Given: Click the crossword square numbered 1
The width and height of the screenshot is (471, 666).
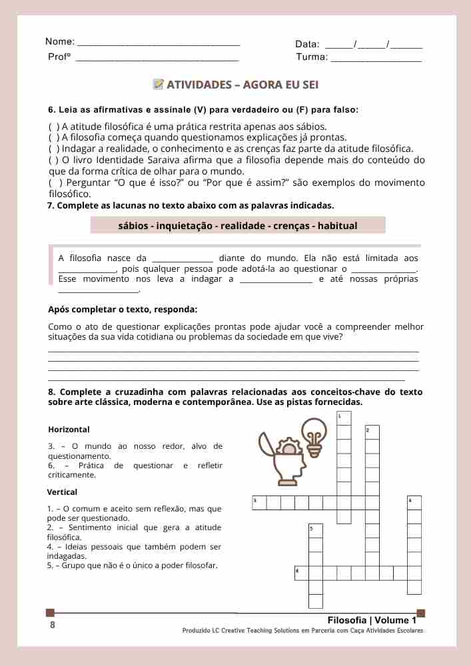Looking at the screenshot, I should click(344, 418).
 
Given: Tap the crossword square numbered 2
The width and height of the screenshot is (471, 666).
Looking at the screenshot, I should click(372, 432).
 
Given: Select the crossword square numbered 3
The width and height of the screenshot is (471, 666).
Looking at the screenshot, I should click(259, 503).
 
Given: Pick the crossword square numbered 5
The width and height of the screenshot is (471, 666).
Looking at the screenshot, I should click(315, 531).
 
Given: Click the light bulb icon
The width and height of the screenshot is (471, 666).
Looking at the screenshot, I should click(314, 435).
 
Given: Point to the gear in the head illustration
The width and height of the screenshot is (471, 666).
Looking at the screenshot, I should click(289, 447).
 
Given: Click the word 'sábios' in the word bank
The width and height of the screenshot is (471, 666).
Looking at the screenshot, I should click(133, 226).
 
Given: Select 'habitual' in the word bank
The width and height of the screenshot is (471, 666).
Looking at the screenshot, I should click(337, 226).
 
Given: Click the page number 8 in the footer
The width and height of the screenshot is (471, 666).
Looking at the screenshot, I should click(53, 625).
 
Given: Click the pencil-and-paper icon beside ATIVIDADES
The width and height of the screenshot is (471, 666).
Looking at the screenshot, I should click(159, 85).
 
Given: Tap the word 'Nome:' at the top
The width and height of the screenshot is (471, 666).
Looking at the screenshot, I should click(60, 41).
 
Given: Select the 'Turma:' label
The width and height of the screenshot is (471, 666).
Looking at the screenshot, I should click(312, 57).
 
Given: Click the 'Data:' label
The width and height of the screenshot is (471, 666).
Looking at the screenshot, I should click(307, 44).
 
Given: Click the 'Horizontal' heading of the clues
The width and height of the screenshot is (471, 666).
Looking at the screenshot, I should click(69, 430).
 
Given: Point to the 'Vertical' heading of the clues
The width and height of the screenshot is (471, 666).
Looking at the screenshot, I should click(62, 492).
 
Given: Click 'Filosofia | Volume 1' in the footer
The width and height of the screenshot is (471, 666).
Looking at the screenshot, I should click(372, 620).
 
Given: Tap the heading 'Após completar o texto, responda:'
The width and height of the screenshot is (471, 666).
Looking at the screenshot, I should click(123, 310).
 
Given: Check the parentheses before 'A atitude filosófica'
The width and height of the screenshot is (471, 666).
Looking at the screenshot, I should click(54, 127).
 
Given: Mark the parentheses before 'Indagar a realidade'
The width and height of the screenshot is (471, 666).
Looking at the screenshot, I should click(54, 149).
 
